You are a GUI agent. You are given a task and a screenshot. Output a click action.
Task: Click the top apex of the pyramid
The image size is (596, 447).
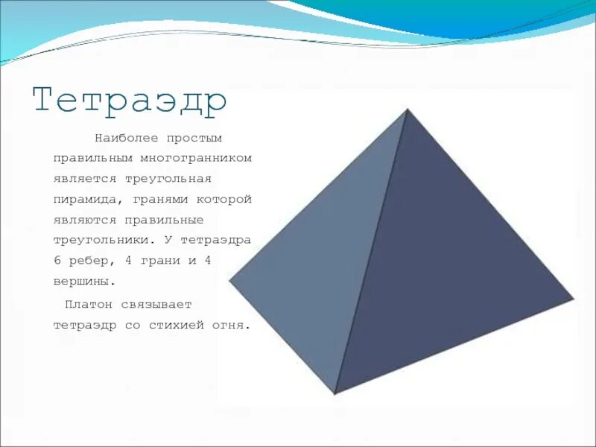pyautogui.click(x=407, y=110)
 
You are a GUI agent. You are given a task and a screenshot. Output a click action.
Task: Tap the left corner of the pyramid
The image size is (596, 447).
pyautogui.click(x=230, y=281)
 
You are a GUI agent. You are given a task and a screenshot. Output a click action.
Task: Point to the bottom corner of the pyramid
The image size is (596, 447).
pyautogui.click(x=335, y=393)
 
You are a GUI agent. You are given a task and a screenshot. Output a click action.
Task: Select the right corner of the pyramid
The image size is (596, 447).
pyautogui.click(x=573, y=299)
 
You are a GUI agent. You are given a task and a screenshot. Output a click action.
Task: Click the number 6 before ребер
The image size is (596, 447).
pyautogui.click(x=57, y=261)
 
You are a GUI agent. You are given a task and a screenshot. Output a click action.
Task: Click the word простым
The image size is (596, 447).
pyautogui.click(x=195, y=138)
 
